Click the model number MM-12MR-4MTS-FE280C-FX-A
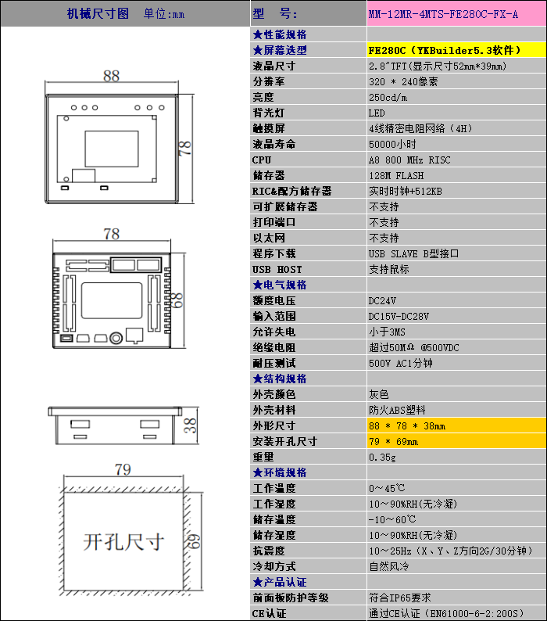[x=443, y=15]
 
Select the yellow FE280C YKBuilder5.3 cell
[x=457, y=50]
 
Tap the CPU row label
[x=262, y=160]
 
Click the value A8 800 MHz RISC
[x=409, y=160]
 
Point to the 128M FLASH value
[x=396, y=175]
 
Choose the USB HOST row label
[x=277, y=269]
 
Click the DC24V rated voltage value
[x=382, y=301]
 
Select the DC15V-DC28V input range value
[x=399, y=317]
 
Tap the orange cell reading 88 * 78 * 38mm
[x=457, y=425]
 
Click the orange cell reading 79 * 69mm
[x=457, y=441]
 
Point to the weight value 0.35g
[x=382, y=457]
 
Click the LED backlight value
[x=377, y=113]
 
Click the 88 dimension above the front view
[x=111, y=76]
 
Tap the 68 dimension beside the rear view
[x=177, y=300]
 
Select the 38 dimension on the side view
[x=191, y=425]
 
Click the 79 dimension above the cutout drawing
[x=123, y=469]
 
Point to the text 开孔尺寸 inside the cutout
[x=123, y=542]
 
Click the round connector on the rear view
[x=116, y=338]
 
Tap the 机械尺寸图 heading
[x=98, y=14]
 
